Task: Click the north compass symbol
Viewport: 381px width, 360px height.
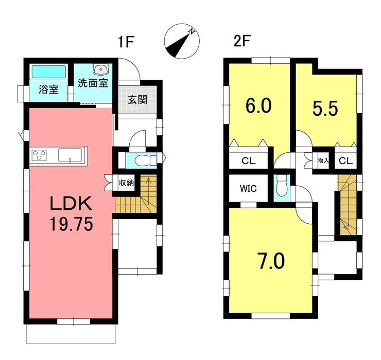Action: point(182,41)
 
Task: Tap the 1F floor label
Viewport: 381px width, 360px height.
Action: point(126,42)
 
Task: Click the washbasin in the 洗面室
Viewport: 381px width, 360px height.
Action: point(100,69)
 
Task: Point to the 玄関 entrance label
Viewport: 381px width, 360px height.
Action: point(137,100)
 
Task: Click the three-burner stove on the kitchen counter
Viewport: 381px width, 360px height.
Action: point(39,155)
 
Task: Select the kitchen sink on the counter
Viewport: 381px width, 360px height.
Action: point(70,155)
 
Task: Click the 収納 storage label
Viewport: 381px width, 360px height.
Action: point(126,182)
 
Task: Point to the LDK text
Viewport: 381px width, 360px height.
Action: point(71,203)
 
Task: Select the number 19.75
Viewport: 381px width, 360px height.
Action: point(71,224)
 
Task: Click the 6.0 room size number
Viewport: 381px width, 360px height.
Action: point(258,106)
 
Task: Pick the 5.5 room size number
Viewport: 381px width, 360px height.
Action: point(325,109)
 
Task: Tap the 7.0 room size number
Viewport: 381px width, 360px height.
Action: point(272,261)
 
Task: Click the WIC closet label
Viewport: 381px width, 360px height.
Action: point(248,188)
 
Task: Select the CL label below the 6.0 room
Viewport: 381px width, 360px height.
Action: point(248,160)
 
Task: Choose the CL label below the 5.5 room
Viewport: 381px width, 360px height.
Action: point(345,160)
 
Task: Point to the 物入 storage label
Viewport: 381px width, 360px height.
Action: point(323,160)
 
